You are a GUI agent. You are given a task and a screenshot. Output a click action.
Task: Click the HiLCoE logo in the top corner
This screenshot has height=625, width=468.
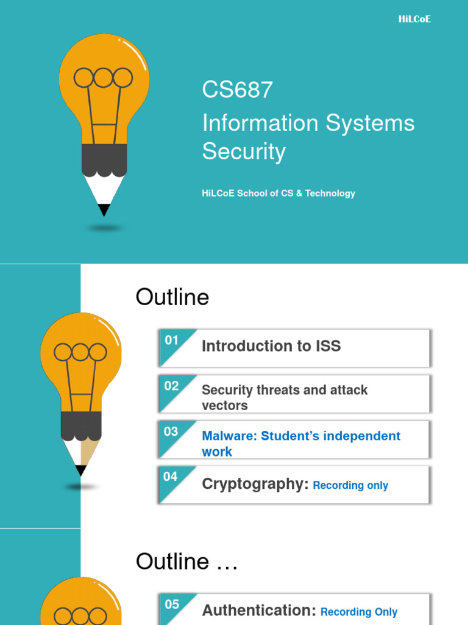pyautogui.click(x=414, y=19)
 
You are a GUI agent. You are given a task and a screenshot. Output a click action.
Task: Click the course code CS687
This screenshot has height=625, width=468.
pyautogui.click(x=238, y=89)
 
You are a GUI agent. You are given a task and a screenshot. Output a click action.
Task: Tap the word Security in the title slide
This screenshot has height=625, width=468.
pyautogui.click(x=244, y=151)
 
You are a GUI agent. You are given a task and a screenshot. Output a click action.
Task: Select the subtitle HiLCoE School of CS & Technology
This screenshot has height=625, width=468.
pyautogui.click(x=278, y=193)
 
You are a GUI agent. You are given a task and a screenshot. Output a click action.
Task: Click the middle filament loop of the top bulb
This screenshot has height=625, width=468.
pyautogui.click(x=103, y=78)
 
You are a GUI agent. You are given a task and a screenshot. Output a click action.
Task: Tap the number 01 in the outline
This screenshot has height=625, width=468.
pyautogui.click(x=171, y=340)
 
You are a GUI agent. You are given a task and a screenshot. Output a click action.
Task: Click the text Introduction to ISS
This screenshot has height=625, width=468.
pyautogui.click(x=271, y=346)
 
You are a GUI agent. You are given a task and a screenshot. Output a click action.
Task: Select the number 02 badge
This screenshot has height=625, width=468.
pyautogui.click(x=171, y=386)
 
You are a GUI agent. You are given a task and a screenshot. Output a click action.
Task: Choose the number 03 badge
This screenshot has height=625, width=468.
pyautogui.click(x=171, y=432)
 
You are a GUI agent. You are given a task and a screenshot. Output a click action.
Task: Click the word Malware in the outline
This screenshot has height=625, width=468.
pyautogui.click(x=229, y=436)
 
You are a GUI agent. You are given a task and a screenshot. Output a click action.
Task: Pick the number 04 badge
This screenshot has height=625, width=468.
pyautogui.click(x=171, y=476)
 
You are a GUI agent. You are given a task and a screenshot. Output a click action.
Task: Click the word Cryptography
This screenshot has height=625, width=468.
pyautogui.click(x=255, y=484)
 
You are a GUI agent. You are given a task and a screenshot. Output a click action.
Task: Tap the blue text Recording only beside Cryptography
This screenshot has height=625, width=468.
pyautogui.click(x=350, y=485)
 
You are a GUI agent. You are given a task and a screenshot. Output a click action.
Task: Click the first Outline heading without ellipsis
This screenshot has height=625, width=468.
pyautogui.click(x=172, y=297)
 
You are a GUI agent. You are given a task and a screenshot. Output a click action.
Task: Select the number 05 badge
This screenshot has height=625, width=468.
pyautogui.click(x=172, y=604)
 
